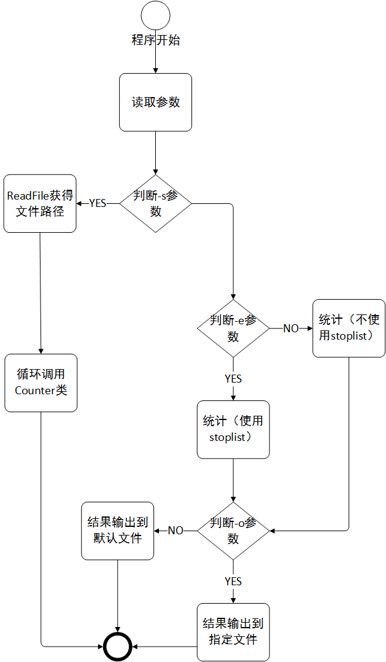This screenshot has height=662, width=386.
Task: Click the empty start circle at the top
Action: coord(155,15)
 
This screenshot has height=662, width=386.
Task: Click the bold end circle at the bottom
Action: coord(118,646)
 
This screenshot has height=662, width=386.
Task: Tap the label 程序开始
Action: coord(156,41)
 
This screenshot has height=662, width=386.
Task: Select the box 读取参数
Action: coord(156,102)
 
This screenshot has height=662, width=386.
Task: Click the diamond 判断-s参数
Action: coord(155,203)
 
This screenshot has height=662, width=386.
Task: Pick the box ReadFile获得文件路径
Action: coord(40,203)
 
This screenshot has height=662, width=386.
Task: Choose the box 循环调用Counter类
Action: coord(41,383)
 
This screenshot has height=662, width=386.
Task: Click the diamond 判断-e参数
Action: coord(233,329)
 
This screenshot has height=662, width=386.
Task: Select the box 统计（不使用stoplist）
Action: coord(349,328)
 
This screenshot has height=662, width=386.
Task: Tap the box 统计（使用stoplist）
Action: coord(233,430)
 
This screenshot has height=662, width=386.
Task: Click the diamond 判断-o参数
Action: coord(233,531)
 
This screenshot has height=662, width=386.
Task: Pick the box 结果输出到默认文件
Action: coord(118,531)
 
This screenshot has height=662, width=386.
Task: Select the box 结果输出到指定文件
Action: coord(233,632)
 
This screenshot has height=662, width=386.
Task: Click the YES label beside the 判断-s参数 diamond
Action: coord(98,203)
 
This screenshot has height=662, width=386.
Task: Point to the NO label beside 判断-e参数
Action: coord(291,329)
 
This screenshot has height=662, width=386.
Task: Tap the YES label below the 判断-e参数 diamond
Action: coord(233,379)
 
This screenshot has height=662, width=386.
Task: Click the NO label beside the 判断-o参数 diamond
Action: coord(176,531)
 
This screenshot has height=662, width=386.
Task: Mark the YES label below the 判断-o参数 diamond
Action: coord(233,581)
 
